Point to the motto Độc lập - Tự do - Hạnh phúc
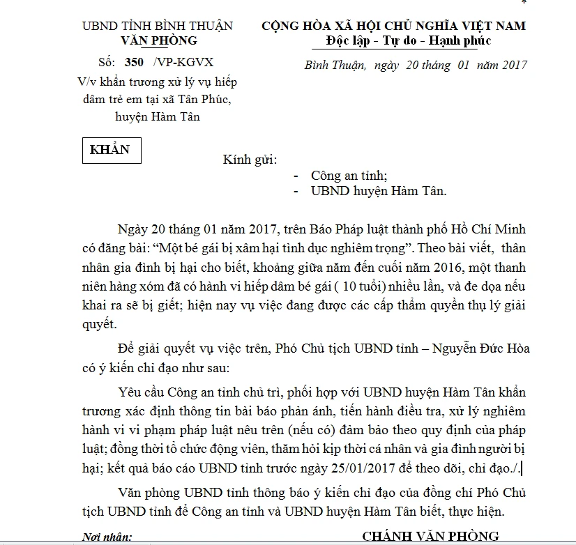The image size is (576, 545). (x=408, y=40)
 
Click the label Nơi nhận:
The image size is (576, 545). (x=107, y=537)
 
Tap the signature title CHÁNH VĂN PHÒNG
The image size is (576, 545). (x=430, y=535)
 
